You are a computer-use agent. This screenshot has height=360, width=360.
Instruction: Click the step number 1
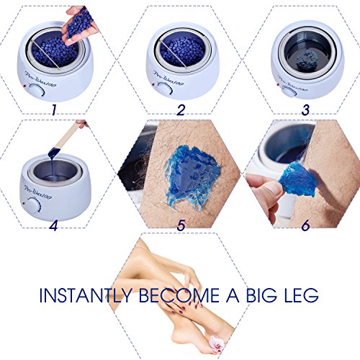54,110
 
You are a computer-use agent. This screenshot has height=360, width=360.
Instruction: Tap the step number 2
181,109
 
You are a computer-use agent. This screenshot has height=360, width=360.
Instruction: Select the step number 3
305,110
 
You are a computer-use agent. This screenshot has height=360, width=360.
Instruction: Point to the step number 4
53,225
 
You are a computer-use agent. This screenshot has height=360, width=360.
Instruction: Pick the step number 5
181,225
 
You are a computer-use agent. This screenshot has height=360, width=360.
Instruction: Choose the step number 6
305,225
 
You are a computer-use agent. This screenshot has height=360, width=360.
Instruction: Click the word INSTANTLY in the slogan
86,295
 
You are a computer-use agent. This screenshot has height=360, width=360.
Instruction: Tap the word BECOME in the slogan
179,295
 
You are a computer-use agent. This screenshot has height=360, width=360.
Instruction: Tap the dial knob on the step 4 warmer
33,205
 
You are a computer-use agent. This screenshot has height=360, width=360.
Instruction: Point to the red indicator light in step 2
153,84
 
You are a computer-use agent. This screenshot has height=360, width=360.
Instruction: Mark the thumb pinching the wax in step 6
269,189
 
